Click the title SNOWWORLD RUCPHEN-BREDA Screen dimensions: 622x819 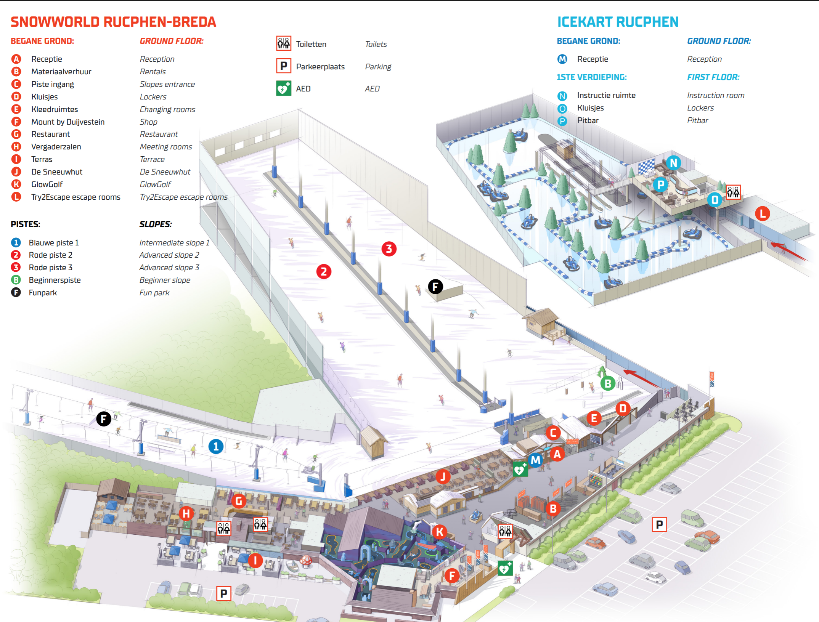(x=113, y=22)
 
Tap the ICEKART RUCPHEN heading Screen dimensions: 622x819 (x=618, y=22)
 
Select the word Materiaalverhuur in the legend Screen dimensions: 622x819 (x=61, y=72)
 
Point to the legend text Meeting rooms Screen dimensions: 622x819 (x=166, y=147)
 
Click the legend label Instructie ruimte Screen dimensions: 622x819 (x=606, y=95)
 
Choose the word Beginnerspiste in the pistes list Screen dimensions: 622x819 (x=55, y=280)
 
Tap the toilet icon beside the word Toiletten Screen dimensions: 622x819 (x=284, y=43)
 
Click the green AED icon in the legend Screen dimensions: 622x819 (x=284, y=88)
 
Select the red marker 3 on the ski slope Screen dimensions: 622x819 (x=389, y=249)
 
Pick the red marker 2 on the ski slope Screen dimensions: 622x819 (x=324, y=272)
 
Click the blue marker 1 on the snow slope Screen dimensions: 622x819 (x=216, y=446)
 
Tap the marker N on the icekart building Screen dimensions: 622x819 (x=674, y=163)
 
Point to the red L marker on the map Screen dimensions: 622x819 (x=763, y=213)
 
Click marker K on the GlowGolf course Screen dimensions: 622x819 (x=440, y=532)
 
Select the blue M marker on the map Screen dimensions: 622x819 (x=536, y=460)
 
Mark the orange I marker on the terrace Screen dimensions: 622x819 (x=255, y=561)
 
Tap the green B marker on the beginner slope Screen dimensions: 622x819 (x=608, y=383)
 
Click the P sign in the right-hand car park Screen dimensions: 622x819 (x=659, y=525)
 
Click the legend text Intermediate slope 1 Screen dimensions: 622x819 (x=174, y=243)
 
